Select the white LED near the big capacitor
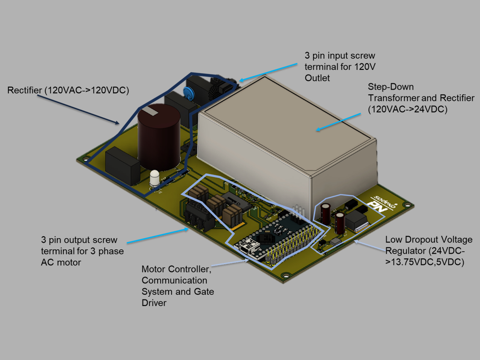point(155,178)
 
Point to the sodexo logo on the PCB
point(382,199)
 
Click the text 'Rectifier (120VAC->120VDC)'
point(68,90)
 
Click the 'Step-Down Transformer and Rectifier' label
point(421,98)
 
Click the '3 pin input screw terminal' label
point(340,67)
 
